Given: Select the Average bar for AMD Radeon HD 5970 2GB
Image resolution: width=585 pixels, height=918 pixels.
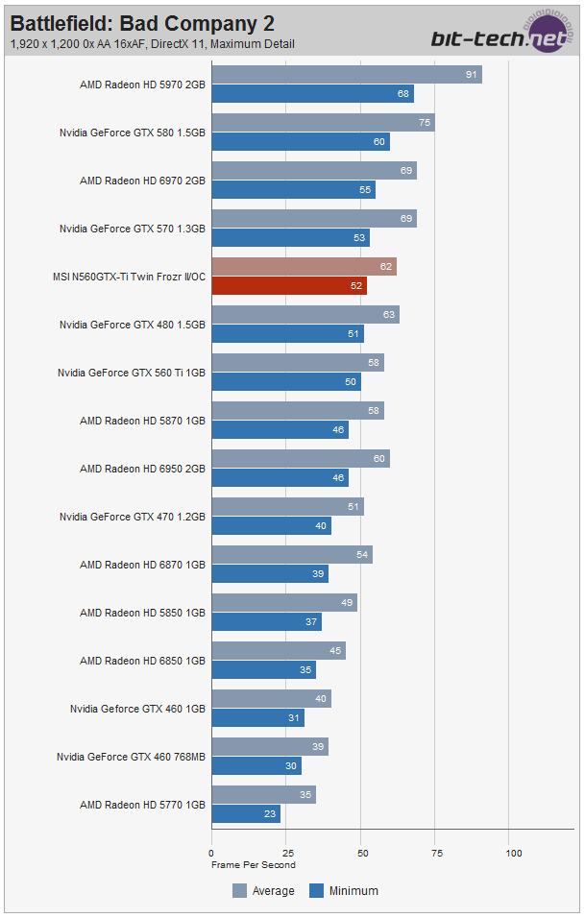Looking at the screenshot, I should (346, 75).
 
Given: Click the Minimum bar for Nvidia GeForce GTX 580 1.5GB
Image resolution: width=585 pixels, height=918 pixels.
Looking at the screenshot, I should (300, 142).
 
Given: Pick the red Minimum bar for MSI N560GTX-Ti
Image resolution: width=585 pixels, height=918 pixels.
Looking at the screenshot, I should (288, 286).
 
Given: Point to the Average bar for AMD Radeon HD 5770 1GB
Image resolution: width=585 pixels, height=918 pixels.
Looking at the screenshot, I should (263, 795).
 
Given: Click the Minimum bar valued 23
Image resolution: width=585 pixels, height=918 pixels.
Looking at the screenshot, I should (246, 814).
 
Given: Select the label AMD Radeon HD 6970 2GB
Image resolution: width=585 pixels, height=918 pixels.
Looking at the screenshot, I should (142, 181).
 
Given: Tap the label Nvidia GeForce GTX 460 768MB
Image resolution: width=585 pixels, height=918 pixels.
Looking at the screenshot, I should (131, 757).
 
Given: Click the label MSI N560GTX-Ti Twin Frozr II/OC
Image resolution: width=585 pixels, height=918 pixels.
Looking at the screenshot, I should (129, 277).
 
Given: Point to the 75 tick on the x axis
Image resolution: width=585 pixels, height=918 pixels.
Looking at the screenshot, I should (436, 852).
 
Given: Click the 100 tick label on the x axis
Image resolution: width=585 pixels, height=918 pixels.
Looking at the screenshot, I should (513, 852).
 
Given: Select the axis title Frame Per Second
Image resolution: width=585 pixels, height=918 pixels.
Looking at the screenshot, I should (254, 864).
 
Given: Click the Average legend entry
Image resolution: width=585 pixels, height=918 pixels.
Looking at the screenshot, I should (263, 891).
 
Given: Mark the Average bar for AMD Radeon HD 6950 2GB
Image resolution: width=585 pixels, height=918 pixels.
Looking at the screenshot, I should (300, 459).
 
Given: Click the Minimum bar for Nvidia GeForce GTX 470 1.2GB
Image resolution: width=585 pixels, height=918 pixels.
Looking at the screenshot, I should (271, 526).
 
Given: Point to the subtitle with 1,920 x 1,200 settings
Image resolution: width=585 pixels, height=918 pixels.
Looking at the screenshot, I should (153, 44).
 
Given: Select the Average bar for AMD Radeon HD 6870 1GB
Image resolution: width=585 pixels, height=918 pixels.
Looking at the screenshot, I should (292, 555).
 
